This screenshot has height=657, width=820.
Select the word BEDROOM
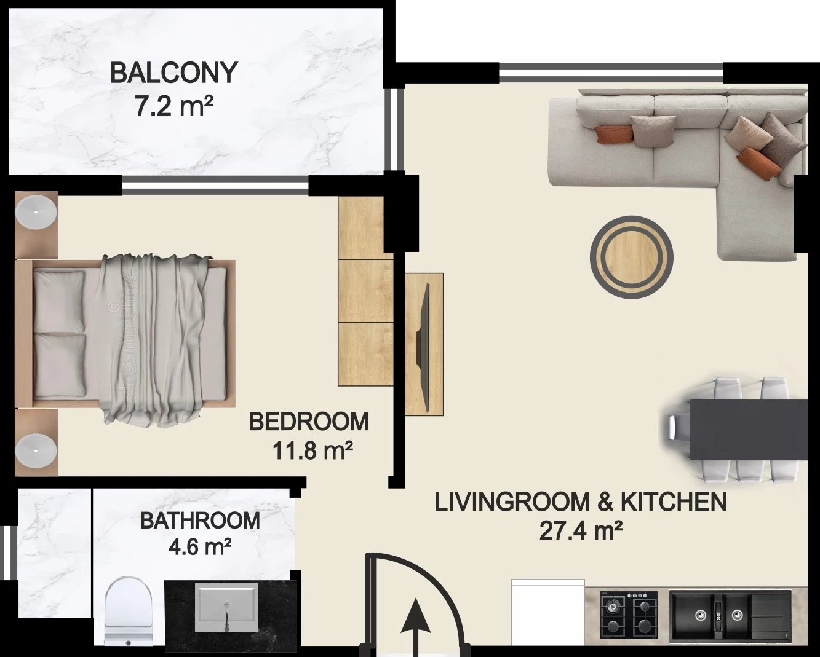309,422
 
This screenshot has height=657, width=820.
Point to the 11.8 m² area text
312,450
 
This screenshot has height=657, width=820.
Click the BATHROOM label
200,521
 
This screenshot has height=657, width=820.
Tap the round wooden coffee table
631,258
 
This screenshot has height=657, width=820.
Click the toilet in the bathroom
128,612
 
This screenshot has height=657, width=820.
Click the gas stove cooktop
629,615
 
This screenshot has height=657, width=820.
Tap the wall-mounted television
424,347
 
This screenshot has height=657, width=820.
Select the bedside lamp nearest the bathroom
36,450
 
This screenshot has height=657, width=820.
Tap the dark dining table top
749,430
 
